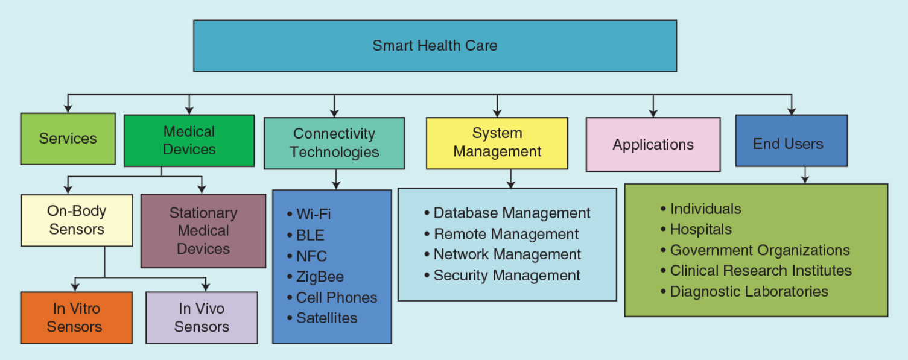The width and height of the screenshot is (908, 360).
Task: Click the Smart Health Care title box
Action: point(435,46)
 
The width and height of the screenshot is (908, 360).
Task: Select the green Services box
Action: point(68,139)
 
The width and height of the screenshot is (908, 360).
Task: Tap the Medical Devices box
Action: point(189,141)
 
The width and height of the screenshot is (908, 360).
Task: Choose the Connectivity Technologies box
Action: point(334,144)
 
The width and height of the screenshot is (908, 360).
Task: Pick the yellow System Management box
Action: point(497,144)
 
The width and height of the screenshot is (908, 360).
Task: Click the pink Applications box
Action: point(653,145)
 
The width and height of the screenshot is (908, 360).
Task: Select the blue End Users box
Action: point(792,141)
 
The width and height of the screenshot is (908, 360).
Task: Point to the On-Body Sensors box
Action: point(77,220)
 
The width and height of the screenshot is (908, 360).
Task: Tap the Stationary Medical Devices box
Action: point(203,231)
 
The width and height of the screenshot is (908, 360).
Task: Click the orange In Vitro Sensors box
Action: point(77,318)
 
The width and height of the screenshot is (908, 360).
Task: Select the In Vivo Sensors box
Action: point(202,318)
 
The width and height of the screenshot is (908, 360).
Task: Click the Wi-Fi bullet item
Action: point(309,214)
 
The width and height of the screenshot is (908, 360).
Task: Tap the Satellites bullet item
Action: point(322,318)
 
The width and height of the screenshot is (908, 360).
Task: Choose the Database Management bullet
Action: point(507,213)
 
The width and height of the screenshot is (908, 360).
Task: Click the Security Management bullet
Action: point(502,276)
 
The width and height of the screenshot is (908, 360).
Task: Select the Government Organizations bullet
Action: point(755,250)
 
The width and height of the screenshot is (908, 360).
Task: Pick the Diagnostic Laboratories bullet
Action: point(744,292)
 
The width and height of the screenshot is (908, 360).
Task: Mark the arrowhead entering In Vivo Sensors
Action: point(206,287)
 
